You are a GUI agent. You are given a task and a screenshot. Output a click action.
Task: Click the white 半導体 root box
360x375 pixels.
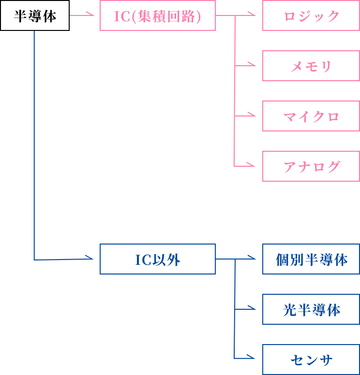[x=35, y=16]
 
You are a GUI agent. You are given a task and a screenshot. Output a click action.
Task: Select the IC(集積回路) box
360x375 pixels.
[x=158, y=16]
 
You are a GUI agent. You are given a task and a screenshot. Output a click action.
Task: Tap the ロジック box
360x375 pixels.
[x=311, y=16]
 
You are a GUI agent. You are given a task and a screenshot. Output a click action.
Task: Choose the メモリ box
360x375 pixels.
[x=311, y=66]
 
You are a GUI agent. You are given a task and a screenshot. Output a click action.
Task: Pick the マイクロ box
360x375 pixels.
[x=311, y=116]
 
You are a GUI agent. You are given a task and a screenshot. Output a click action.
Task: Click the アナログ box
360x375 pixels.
[x=311, y=166]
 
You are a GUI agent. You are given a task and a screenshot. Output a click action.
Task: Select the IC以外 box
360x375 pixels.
[x=158, y=260]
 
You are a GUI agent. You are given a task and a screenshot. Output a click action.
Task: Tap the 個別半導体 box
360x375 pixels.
[x=311, y=260]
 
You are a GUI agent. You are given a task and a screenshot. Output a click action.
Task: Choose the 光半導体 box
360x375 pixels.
[x=311, y=309]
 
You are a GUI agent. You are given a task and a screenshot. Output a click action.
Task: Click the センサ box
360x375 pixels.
[x=311, y=360]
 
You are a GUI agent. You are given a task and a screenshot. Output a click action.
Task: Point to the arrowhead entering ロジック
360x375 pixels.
[x=253, y=16]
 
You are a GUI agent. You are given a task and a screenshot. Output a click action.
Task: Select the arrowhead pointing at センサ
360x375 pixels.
[x=253, y=358]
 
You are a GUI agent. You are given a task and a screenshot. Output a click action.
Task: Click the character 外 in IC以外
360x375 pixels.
[x=174, y=260]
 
